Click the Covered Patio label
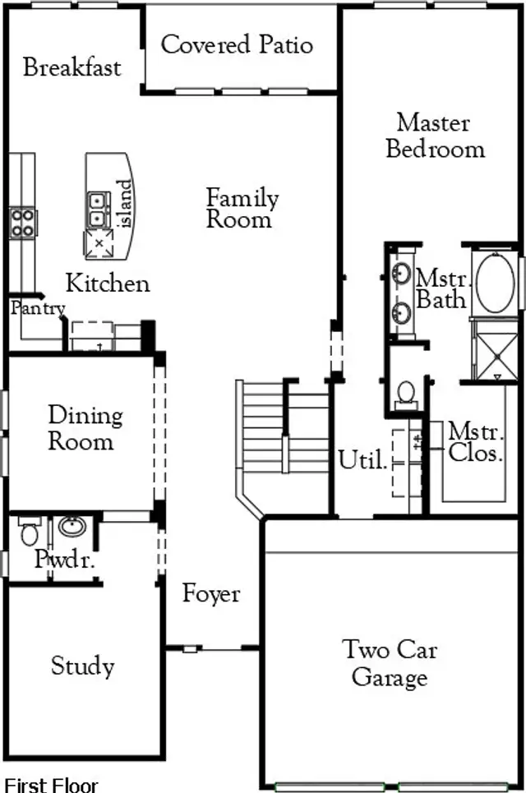237,44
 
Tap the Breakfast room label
72,67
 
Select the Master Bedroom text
435,136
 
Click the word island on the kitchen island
124,205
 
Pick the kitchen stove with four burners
22,222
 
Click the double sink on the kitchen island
99,210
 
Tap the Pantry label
38,308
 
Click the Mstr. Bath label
441,288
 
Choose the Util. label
362,461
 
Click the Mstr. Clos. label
475,441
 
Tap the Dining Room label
85,428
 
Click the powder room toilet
29,532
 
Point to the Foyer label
211,593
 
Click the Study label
82,666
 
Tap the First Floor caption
52,785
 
